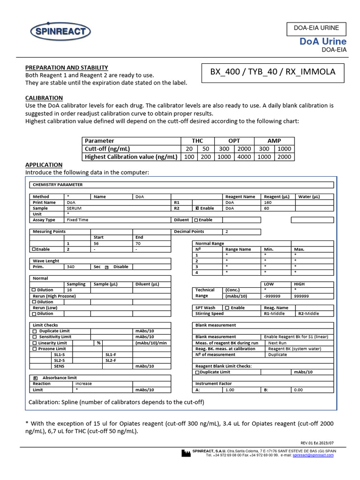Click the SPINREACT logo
[x=60, y=32]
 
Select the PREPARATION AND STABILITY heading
[x=66, y=67]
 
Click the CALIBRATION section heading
[x=44, y=98]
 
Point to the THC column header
[x=197, y=141]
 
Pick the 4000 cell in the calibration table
[x=244, y=157]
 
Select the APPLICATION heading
[x=44, y=165]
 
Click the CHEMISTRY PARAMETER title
[x=57, y=185]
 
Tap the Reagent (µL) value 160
[x=268, y=202]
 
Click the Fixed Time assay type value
[x=77, y=219]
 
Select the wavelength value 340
[x=70, y=267]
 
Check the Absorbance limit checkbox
[x=35, y=378]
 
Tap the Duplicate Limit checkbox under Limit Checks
[x=34, y=331]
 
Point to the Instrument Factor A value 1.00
[x=230, y=390]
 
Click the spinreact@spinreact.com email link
[x=313, y=455]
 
